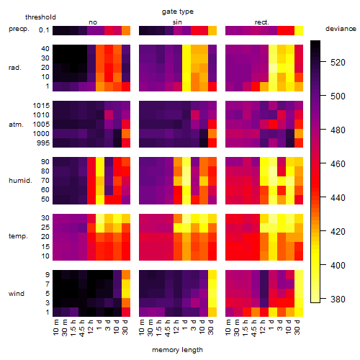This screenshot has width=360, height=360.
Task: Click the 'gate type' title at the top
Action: pyautogui.click(x=178, y=12)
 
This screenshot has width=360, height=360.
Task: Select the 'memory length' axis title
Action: pyautogui.click(x=177, y=350)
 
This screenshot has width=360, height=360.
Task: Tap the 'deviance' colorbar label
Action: pyautogui.click(x=341, y=29)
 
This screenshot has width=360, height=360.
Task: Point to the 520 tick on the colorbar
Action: pyautogui.click(x=338, y=63)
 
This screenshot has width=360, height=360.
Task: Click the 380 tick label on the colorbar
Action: pyautogui.click(x=338, y=299)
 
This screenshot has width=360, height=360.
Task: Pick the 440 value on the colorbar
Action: pyautogui.click(x=338, y=197)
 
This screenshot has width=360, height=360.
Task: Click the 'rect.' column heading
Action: pyautogui.click(x=261, y=22)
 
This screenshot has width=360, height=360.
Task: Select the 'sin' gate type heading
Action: pyautogui.click(x=177, y=22)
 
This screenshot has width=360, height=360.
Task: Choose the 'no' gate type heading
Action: pyautogui.click(x=93, y=22)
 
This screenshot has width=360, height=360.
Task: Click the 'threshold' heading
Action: pyautogui.click(x=40, y=17)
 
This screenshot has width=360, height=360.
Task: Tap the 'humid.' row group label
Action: pyautogui.click(x=20, y=181)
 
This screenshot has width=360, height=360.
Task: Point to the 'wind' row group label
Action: pyautogui.click(x=17, y=294)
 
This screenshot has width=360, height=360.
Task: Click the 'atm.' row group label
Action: pyautogui.click(x=16, y=125)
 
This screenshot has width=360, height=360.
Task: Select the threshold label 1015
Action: pyautogui.click(x=41, y=105)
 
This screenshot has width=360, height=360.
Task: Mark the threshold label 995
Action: pyautogui.click(x=43, y=143)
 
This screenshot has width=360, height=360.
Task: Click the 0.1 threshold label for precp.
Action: pyautogui.click(x=44, y=30)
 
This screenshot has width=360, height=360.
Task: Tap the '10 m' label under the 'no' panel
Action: pyautogui.click(x=55, y=327)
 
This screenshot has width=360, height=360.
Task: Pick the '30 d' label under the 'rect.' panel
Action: pyautogui.click(x=297, y=327)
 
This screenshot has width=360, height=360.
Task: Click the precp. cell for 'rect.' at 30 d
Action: pyautogui.click(x=299, y=30)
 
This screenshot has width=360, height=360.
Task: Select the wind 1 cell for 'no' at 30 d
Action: pyautogui.click(x=126, y=312)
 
